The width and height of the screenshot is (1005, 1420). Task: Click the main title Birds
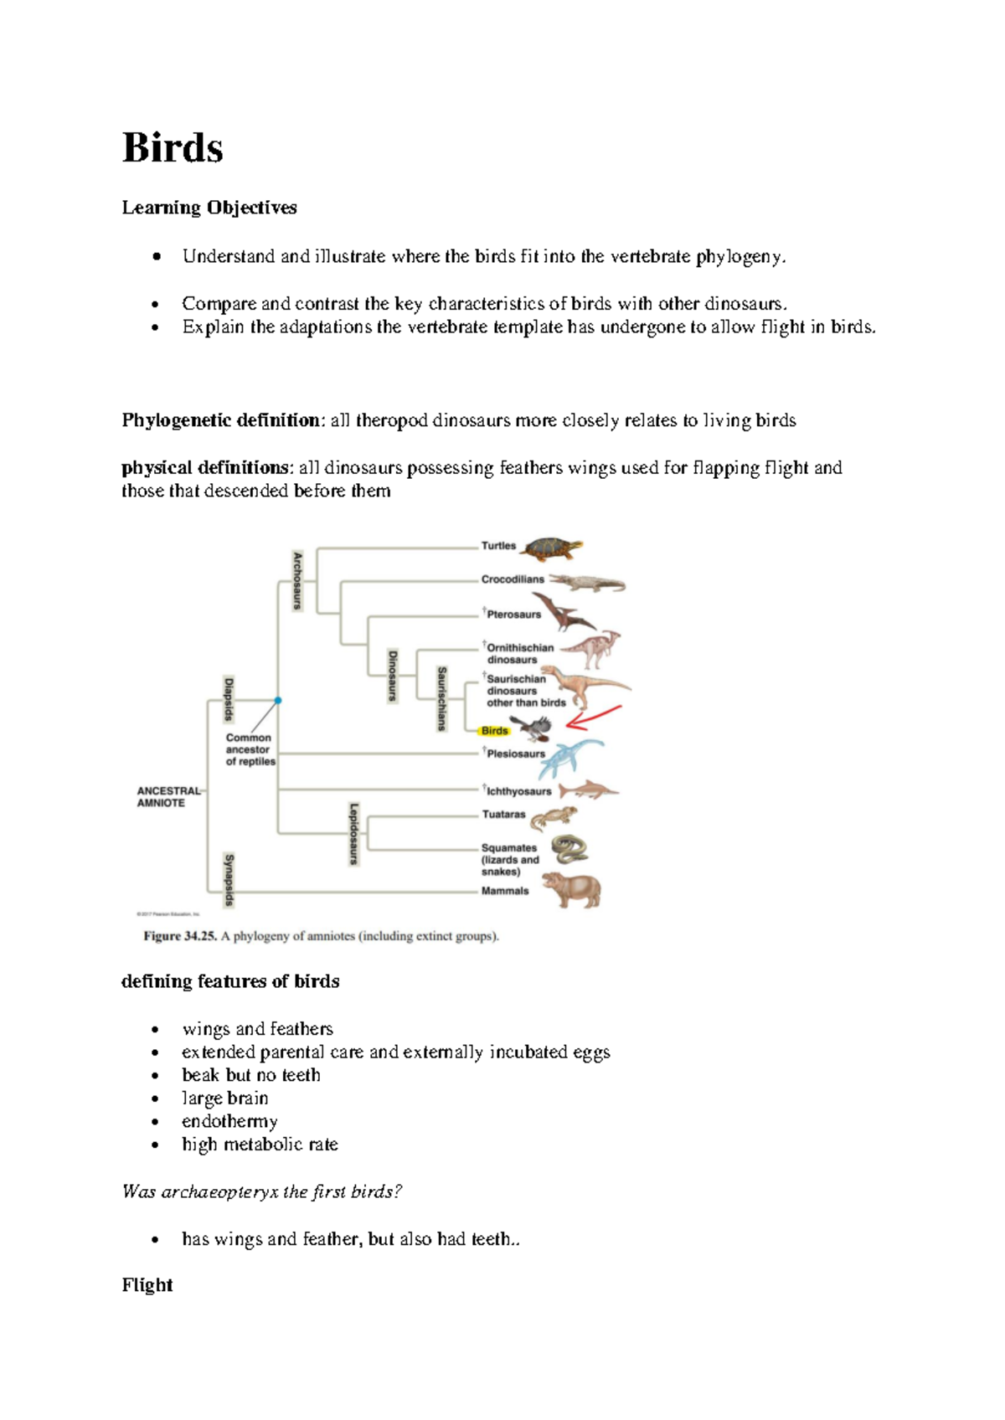coord(173,148)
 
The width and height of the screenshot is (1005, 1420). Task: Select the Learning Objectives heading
coord(209,208)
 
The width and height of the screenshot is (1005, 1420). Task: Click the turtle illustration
coord(551,549)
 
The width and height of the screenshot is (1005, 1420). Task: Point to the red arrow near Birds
coord(595,717)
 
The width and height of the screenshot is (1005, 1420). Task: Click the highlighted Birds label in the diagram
coord(495,731)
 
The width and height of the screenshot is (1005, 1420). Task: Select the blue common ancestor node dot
coord(278,700)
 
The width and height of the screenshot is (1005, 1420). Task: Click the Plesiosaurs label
coord(516,754)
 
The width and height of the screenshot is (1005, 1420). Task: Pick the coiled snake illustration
coord(569,849)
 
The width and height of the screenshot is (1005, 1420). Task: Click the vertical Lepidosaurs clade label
coord(353,833)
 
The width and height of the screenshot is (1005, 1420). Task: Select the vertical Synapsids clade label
coord(229,880)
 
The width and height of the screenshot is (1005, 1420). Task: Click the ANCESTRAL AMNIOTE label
coord(168,796)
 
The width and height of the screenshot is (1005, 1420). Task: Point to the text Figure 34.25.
coord(180,936)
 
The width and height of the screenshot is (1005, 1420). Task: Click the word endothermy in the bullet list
coord(229,1121)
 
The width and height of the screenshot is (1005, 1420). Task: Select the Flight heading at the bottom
coord(147,1285)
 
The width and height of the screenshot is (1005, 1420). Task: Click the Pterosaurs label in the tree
coord(513,615)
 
